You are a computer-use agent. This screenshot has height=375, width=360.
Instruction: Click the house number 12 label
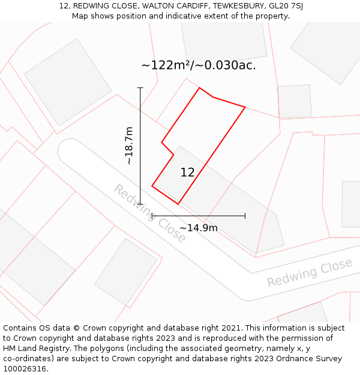point(188,173)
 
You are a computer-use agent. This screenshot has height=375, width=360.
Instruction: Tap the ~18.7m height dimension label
point(128,146)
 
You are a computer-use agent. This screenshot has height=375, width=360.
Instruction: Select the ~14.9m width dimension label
point(198,228)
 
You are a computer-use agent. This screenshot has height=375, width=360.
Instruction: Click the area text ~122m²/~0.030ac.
point(199,65)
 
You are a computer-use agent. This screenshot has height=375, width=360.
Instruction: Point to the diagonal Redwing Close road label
point(150,213)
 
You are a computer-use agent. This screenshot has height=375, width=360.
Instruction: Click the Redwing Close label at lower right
point(310,273)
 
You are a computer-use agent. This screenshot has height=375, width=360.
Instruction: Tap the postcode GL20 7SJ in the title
point(286,6)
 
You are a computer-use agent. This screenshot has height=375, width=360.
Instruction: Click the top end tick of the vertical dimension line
point(140,88)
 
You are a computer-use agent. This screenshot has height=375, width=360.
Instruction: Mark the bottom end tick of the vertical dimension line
point(140,204)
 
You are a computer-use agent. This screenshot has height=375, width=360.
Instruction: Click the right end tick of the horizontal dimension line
point(245,215)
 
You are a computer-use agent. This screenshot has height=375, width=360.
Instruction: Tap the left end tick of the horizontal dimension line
point(152,215)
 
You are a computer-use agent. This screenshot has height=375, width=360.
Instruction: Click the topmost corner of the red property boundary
point(199,88)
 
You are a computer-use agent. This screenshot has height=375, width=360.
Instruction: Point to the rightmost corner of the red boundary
point(245,107)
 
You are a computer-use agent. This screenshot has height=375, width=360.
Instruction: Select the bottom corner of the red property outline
point(178,204)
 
